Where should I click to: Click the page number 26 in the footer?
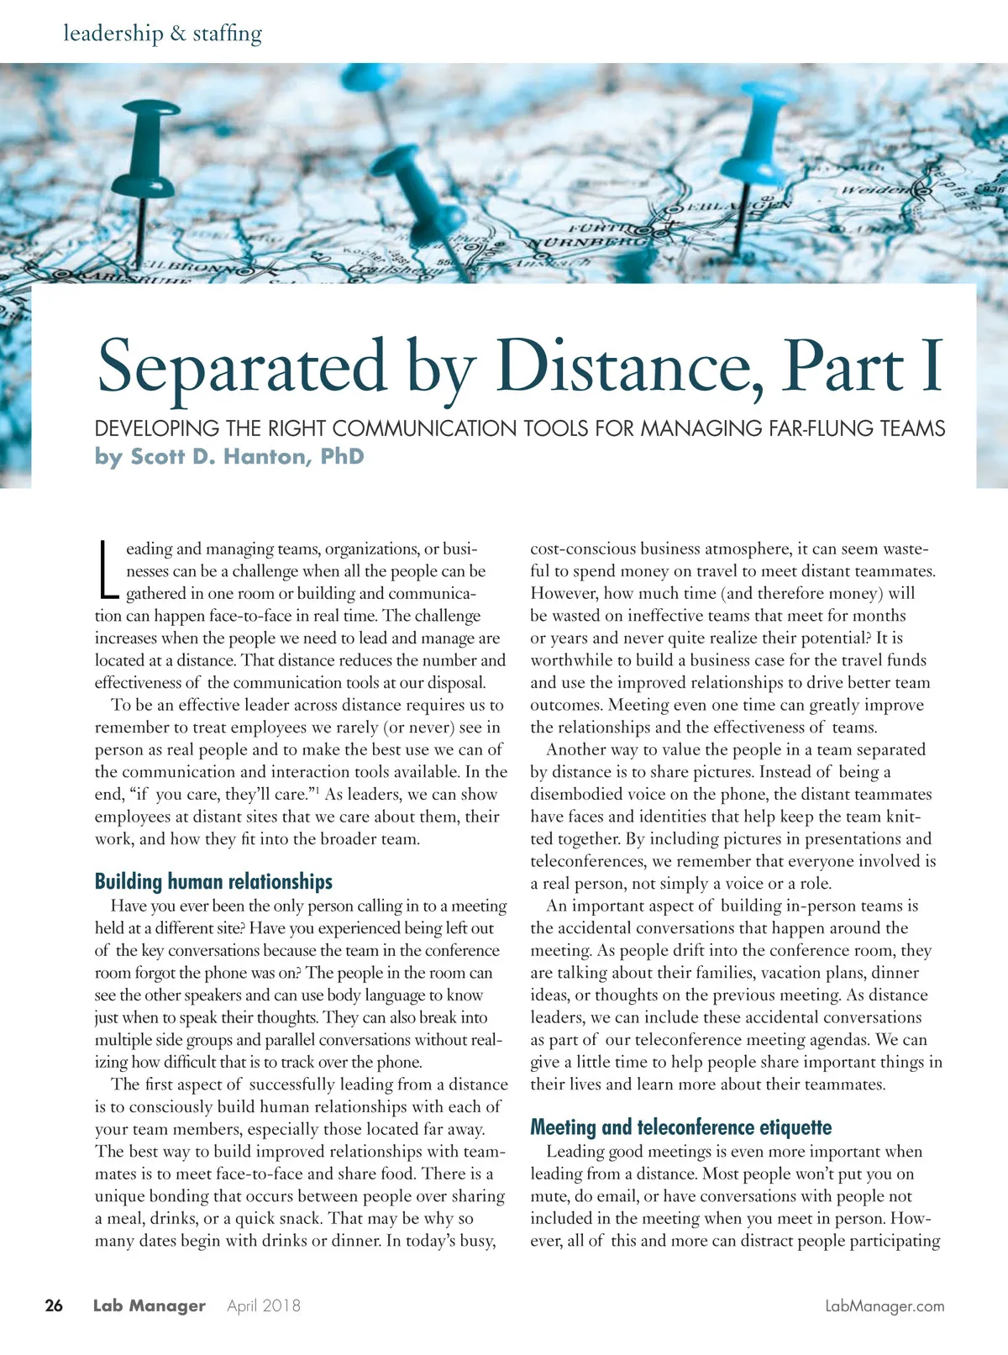pos(54,1305)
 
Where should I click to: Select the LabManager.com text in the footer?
pos(885,1306)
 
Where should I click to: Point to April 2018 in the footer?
pos(264,1306)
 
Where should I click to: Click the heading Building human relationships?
pos(213,881)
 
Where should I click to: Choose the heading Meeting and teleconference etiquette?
pos(680,1127)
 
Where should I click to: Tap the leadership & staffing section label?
pos(163,34)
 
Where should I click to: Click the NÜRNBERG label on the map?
pos(588,241)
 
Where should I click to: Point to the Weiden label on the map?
pos(876,189)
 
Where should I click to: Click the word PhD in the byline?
pos(343,457)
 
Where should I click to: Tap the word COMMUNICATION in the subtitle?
pos(425,428)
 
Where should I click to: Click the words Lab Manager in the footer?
pos(149,1306)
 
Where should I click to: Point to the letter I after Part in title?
pos(932,366)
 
